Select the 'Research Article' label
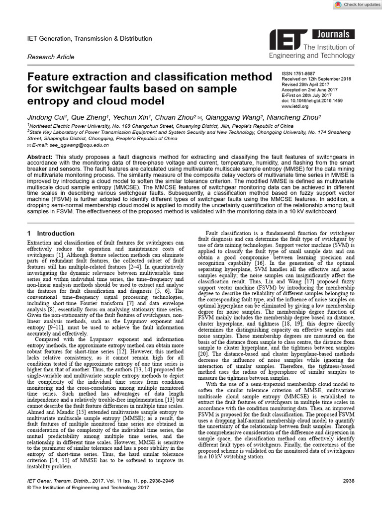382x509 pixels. pyautogui.click(x=51, y=57)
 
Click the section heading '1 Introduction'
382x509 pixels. pyautogui.click(x=51, y=234)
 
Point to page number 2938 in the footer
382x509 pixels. pyautogui.click(x=351, y=482)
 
